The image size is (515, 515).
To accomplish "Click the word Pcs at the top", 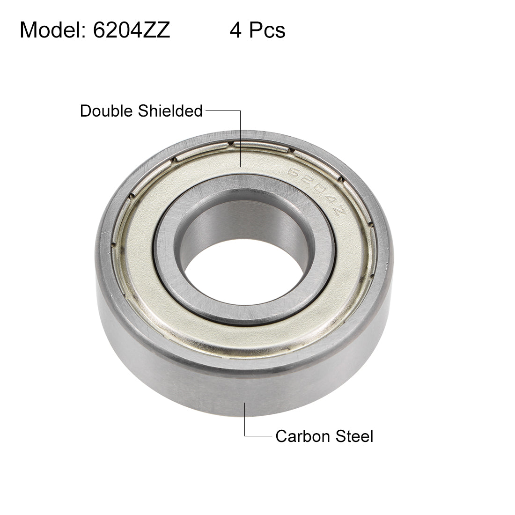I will pyautogui.click(x=266, y=30).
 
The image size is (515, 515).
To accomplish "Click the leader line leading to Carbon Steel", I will pyautogui.click(x=245, y=421).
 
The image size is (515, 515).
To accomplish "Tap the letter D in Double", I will pyautogui.click(x=85, y=111).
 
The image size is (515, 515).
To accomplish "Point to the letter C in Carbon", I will pyautogui.click(x=281, y=436).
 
